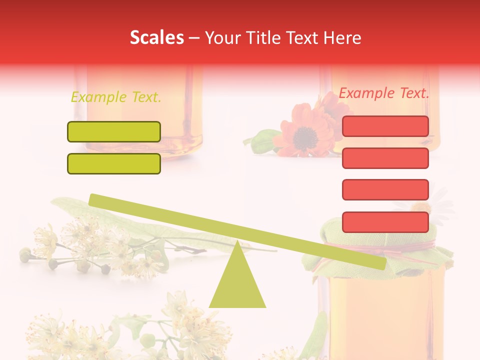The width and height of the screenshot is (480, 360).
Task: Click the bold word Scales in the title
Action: point(156,38)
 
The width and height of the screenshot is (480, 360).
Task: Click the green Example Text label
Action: point(116,97)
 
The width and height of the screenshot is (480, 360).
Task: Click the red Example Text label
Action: point(384,93)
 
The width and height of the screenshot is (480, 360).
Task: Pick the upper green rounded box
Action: point(114,131)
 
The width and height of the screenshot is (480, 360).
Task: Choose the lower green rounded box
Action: point(114,163)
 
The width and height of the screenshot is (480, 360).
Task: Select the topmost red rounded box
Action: point(385,126)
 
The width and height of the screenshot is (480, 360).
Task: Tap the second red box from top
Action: point(385,158)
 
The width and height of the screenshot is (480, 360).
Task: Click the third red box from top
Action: point(385,189)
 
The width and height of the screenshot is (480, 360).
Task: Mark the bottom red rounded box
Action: point(385,222)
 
